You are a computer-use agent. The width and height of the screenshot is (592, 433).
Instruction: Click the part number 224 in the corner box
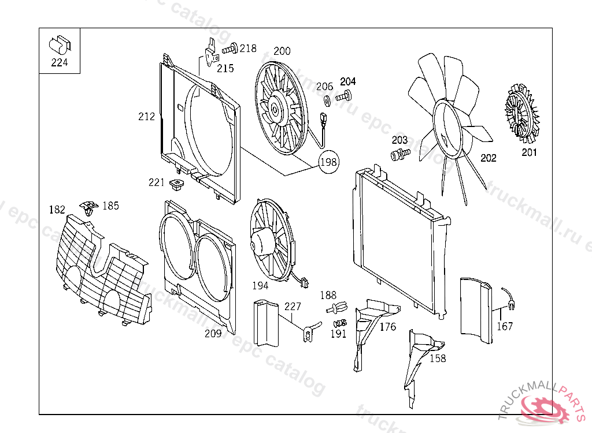point(59,63)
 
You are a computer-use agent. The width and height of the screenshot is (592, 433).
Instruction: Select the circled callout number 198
point(328,162)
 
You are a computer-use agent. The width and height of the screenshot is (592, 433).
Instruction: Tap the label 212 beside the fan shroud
point(147,117)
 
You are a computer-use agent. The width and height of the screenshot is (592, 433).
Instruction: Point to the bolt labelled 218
point(233,49)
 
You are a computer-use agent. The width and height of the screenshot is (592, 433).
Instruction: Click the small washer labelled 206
point(326,100)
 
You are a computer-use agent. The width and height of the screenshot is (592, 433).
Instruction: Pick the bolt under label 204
point(345,96)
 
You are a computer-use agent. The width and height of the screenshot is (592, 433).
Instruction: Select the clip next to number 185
point(88,207)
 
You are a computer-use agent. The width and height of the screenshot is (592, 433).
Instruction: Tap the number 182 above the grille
point(57,210)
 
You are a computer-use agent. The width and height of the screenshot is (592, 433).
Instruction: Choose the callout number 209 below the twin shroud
point(213,334)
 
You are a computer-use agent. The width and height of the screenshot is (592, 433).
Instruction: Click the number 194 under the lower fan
point(260,286)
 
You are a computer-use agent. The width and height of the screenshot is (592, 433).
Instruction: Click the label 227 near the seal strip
point(293,307)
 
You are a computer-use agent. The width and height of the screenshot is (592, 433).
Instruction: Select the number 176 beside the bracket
point(388,327)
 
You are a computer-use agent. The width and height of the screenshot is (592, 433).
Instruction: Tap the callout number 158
point(438,359)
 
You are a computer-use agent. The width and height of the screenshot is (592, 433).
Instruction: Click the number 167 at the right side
point(505,326)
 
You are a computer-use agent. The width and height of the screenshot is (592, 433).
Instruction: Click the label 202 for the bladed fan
point(489,158)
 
